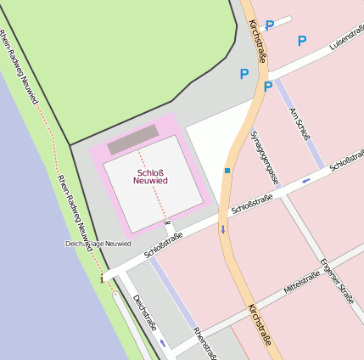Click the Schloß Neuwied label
(x=150, y=177)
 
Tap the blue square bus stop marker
(x=227, y=171)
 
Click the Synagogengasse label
(x=265, y=156)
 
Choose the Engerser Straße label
(x=337, y=281)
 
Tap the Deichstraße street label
(x=145, y=312)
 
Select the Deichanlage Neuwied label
(x=98, y=244)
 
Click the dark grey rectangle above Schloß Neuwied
(x=133, y=139)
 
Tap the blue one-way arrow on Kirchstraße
(x=224, y=230)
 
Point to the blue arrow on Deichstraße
(x=163, y=343)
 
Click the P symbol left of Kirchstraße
(x=244, y=74)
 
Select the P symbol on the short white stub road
(x=270, y=25)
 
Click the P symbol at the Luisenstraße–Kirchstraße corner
(x=268, y=87)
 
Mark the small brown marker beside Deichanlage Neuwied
(x=102, y=277)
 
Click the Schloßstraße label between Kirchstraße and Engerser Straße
(x=252, y=203)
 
